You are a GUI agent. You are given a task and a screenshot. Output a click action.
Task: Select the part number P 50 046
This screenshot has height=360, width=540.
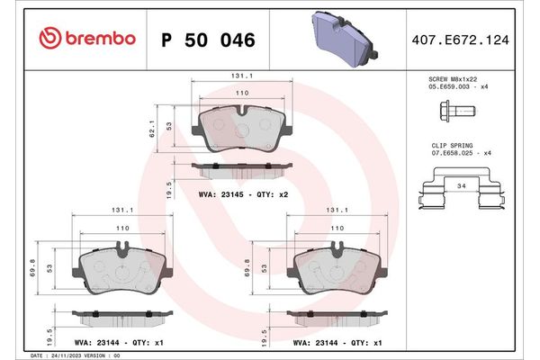207,40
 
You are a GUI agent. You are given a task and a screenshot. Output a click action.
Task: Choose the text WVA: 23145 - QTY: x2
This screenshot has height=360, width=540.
241,193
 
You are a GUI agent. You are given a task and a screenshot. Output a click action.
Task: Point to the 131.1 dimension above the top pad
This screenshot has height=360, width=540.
239,78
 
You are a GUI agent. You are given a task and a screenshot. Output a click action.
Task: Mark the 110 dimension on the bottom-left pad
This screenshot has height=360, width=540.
122,230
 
